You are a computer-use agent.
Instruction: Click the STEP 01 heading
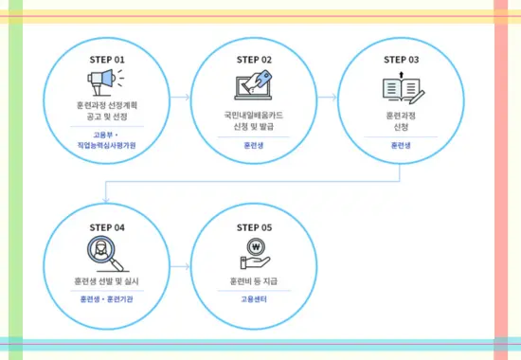(x=107, y=59)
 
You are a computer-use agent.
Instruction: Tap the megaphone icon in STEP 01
(x=107, y=84)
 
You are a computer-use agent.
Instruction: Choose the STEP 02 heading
(x=254, y=59)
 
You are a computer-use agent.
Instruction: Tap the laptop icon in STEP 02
(x=254, y=86)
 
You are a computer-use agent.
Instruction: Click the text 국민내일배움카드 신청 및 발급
(x=254, y=119)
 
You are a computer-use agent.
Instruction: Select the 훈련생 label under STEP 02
(x=254, y=146)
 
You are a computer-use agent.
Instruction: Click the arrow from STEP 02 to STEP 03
(x=326, y=97)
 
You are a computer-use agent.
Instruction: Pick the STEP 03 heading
(x=402, y=59)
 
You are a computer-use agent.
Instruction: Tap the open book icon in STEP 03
(x=402, y=88)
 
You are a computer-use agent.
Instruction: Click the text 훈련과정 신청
(x=402, y=119)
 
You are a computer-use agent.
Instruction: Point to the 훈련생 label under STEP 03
(x=402, y=146)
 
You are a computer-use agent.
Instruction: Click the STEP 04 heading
(x=107, y=227)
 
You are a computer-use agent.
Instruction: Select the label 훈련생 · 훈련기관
(x=107, y=299)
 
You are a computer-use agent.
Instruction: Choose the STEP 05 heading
(x=254, y=227)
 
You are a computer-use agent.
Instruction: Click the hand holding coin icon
(x=254, y=254)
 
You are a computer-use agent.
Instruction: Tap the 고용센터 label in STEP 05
(x=254, y=299)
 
